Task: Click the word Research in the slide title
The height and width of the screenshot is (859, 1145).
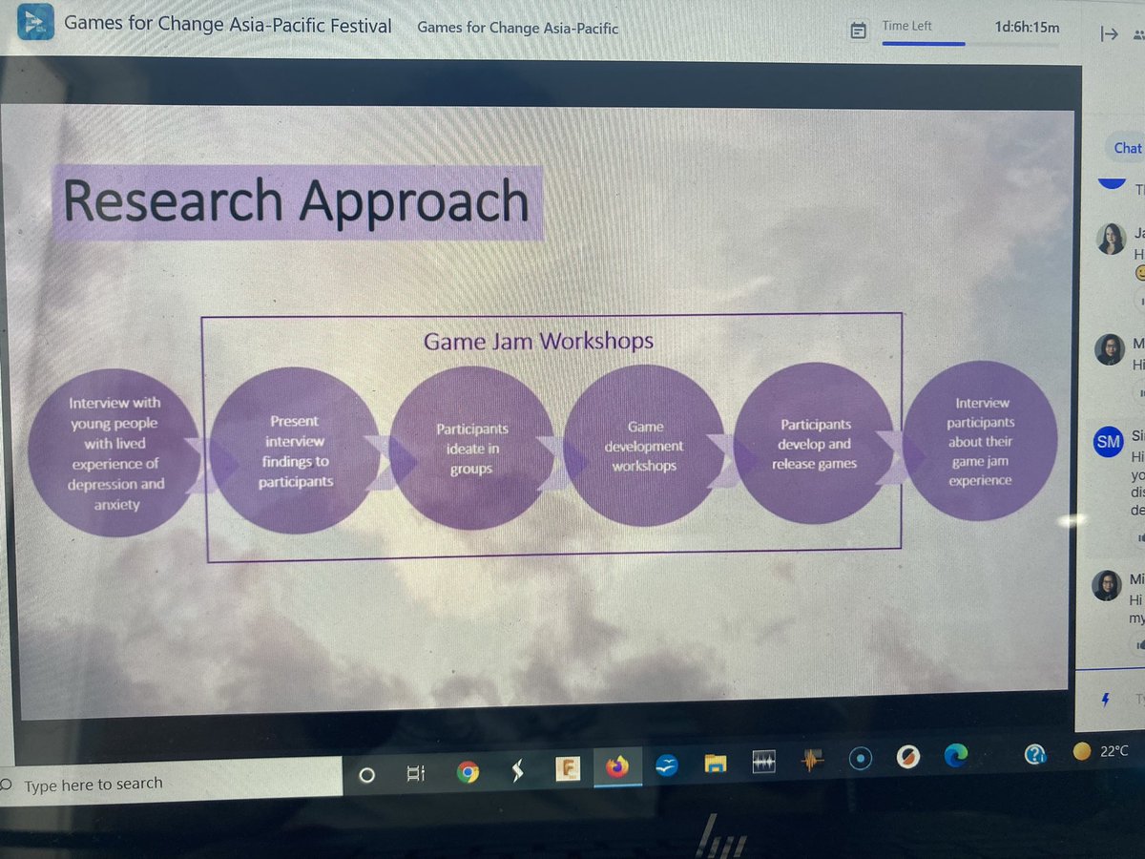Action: pyautogui.click(x=174, y=201)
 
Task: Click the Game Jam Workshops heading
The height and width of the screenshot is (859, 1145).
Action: pyautogui.click(x=538, y=341)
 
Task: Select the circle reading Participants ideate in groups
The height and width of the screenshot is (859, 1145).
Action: pyautogui.click(x=471, y=449)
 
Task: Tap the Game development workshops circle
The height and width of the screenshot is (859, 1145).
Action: pyautogui.click(x=645, y=447)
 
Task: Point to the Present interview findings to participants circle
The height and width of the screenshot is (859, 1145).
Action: pyautogui.click(x=295, y=450)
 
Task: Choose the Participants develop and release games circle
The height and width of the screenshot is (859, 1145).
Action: pyautogui.click(x=814, y=444)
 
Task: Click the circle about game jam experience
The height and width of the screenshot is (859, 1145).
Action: pyautogui.click(x=980, y=442)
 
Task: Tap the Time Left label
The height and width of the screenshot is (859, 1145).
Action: pyautogui.click(x=906, y=26)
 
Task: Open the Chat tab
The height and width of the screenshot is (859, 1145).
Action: pyautogui.click(x=1127, y=148)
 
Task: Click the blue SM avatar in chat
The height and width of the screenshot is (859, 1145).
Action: pyautogui.click(x=1108, y=441)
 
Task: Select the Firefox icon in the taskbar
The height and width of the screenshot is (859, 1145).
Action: pyautogui.click(x=617, y=765)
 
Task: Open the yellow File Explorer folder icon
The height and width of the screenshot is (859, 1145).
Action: pyautogui.click(x=716, y=764)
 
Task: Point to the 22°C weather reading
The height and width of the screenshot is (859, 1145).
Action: pyautogui.click(x=1113, y=751)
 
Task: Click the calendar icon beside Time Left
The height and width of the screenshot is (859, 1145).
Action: pyautogui.click(x=858, y=31)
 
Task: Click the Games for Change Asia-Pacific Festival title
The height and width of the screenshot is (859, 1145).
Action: pyautogui.click(x=227, y=25)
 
